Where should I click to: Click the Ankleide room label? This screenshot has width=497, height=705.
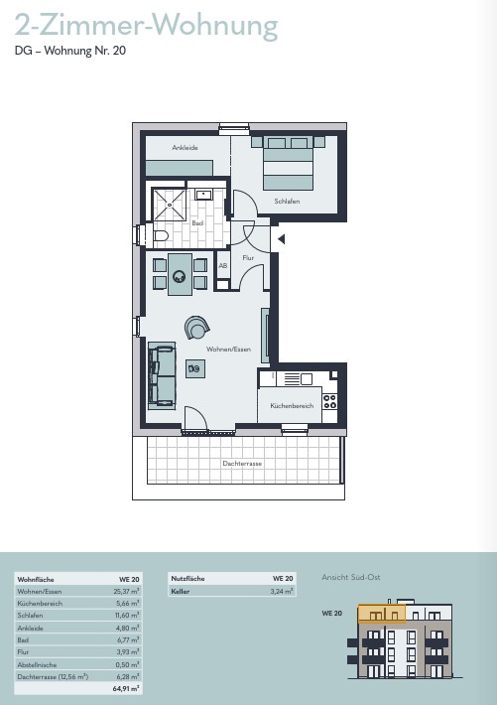pos(185,148)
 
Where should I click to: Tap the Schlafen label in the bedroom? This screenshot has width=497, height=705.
pos(287,201)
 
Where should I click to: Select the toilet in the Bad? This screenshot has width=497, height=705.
pos(161,235)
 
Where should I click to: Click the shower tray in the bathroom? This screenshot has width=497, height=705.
pos(169,205)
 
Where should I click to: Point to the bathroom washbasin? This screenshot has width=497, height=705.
pos(203,195)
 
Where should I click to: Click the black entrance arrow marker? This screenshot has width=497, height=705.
pos(282,239)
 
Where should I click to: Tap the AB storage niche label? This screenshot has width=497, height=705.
pos(223,266)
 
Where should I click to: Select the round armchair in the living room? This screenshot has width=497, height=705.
pos(196,327)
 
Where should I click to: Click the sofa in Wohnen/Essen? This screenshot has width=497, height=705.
pos(162,375)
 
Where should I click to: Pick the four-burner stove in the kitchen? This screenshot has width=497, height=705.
pos(329,401)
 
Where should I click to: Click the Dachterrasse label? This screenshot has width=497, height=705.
pos(242,463)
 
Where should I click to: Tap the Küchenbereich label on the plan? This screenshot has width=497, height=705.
pos(292,405)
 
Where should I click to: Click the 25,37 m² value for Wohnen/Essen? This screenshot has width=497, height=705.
pos(126,591)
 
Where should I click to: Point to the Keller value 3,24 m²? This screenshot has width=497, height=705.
pos(282,591)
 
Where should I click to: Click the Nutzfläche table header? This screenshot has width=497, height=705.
pos(187,579)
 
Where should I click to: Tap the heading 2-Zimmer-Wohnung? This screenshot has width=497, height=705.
pos(146,25)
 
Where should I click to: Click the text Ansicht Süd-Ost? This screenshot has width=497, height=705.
pos(351,577)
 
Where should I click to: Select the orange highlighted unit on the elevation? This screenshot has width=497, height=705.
pos(382,614)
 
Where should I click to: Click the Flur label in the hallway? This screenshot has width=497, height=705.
pos(248,257)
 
